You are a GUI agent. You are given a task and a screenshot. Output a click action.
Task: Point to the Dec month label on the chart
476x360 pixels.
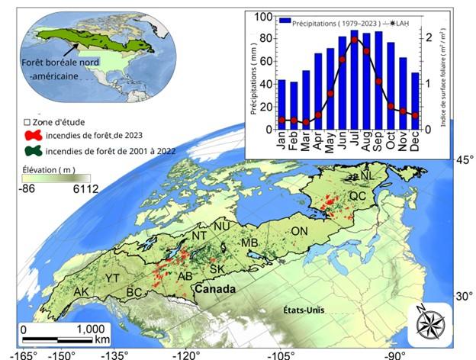tap(415, 142)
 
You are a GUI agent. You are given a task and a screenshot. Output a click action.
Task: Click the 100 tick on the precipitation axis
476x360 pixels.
tap(265, 17)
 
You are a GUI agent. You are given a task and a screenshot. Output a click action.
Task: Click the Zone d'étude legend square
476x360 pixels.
tap(27, 122)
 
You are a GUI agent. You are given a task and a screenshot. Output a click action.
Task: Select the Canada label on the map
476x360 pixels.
tap(214, 290)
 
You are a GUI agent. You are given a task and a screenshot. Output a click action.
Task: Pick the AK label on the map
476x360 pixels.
tap(80, 292)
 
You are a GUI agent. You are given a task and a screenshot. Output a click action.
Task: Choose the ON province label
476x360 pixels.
tap(300, 231)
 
